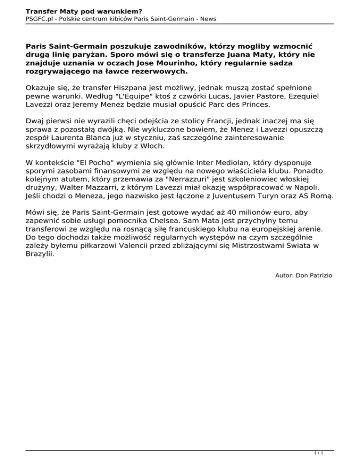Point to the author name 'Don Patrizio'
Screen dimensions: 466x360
(x=313, y=276)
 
